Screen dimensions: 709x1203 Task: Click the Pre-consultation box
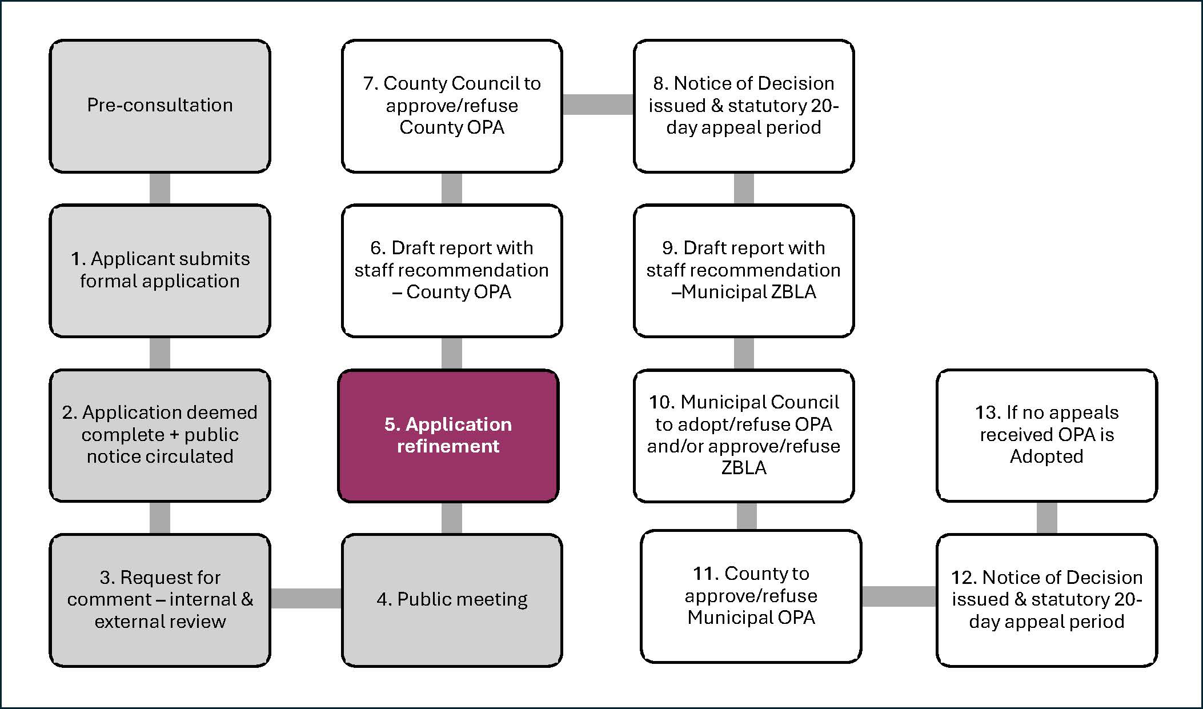tap(160, 106)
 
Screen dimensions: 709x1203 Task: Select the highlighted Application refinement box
tap(448, 435)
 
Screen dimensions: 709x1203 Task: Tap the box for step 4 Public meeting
tap(452, 600)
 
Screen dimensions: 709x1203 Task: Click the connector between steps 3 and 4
tap(306, 598)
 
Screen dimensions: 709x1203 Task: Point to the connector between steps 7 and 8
tap(598, 105)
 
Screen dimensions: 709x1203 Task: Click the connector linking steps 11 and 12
tap(899, 596)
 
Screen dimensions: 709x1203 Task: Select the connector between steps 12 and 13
tap(1046, 518)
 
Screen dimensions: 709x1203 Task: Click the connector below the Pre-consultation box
tap(160, 188)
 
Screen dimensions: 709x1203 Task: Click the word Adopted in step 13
tap(1046, 456)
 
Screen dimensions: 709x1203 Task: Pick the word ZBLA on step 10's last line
tap(744, 468)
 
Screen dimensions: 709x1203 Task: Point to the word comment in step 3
tap(109, 599)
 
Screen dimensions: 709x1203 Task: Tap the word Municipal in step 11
tap(725, 618)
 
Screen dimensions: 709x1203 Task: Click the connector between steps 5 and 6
tap(452, 353)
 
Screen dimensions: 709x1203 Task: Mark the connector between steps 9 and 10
tap(744, 353)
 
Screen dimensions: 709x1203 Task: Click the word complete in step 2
tap(122, 435)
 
